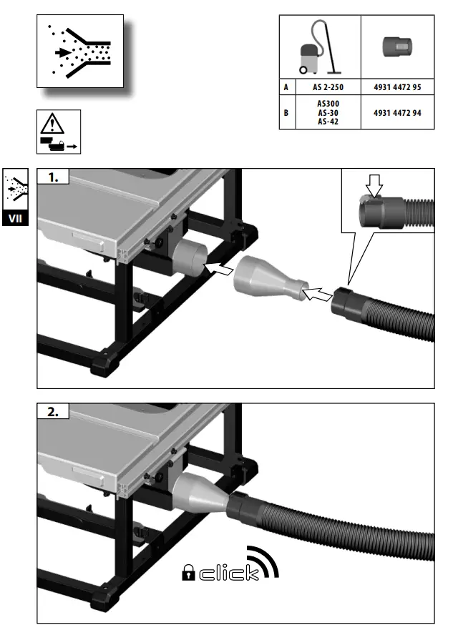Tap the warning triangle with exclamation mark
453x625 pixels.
coord(52,124)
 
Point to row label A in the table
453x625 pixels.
coord(287,87)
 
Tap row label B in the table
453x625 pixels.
coord(287,113)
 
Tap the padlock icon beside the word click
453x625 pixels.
coord(188,573)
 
